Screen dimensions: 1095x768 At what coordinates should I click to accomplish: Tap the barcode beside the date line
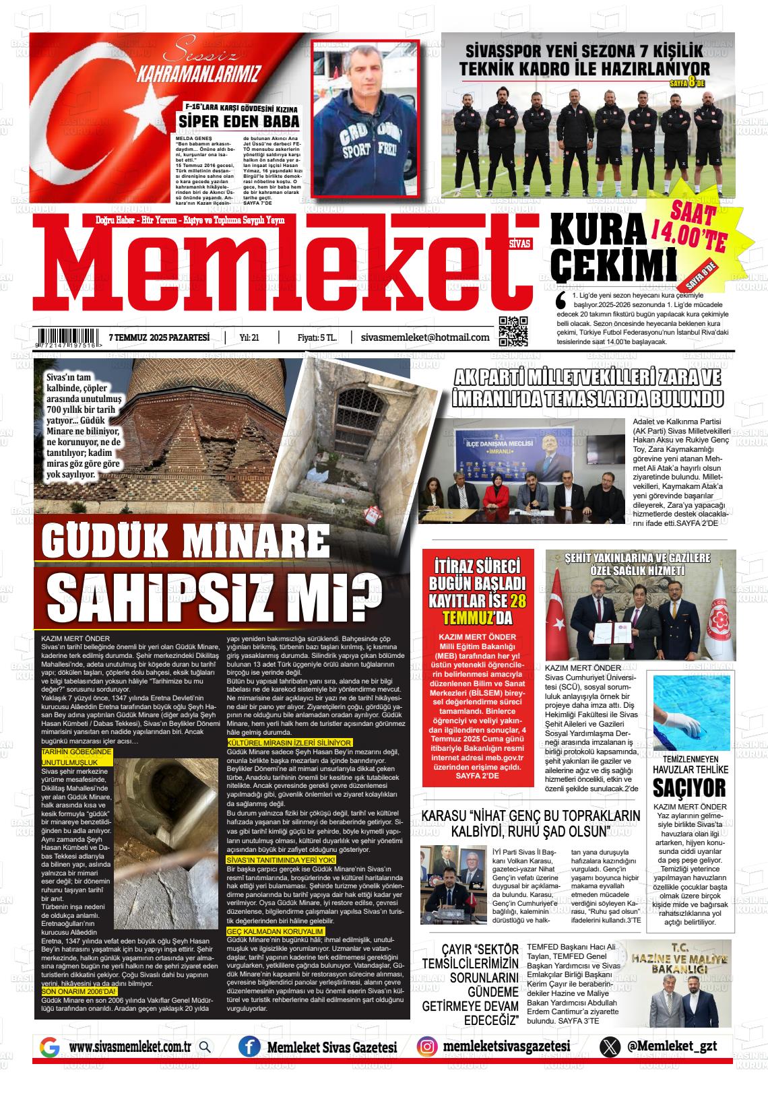pos(69,336)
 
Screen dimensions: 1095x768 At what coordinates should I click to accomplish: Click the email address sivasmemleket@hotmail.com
pos(425,337)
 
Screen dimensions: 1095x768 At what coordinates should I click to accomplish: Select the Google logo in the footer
pos(49,1047)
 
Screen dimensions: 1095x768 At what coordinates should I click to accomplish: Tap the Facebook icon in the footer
pos(249,1047)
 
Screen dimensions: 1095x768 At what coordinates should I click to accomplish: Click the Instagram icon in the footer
pos(426,1047)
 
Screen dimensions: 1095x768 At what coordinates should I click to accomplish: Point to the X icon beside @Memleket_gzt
pos(610,1047)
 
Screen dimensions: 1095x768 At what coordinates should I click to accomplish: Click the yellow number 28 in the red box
pos(517,601)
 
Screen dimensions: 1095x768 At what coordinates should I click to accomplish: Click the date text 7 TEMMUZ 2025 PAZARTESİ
pos(159,337)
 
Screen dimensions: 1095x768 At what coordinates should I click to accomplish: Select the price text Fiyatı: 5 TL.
pos(317,337)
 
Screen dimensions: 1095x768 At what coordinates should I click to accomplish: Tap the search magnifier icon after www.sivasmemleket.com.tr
pos(205,1047)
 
